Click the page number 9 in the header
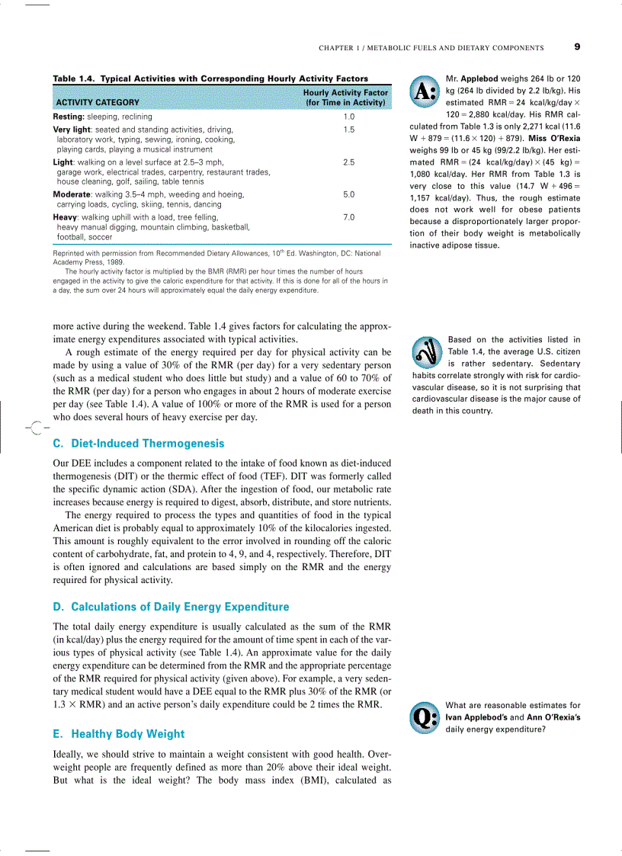pyautogui.click(x=577, y=47)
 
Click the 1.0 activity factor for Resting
pyautogui.click(x=348, y=117)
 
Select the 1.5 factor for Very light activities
pyautogui.click(x=348, y=130)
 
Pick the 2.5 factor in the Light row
pyautogui.click(x=348, y=162)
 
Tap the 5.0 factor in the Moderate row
pyautogui.click(x=348, y=194)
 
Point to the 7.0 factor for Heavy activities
pyautogui.click(x=348, y=217)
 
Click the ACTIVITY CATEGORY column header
pyautogui.click(x=97, y=102)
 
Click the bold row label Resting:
pyautogui.click(x=69, y=117)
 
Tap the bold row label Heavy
pyautogui.click(x=66, y=217)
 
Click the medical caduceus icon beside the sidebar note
pyautogui.click(x=425, y=351)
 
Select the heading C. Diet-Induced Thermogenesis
pyautogui.click(x=139, y=443)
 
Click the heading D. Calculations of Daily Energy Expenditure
pyautogui.click(x=171, y=607)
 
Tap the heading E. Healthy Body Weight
pyautogui.click(x=118, y=734)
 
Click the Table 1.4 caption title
pyautogui.click(x=210, y=79)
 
